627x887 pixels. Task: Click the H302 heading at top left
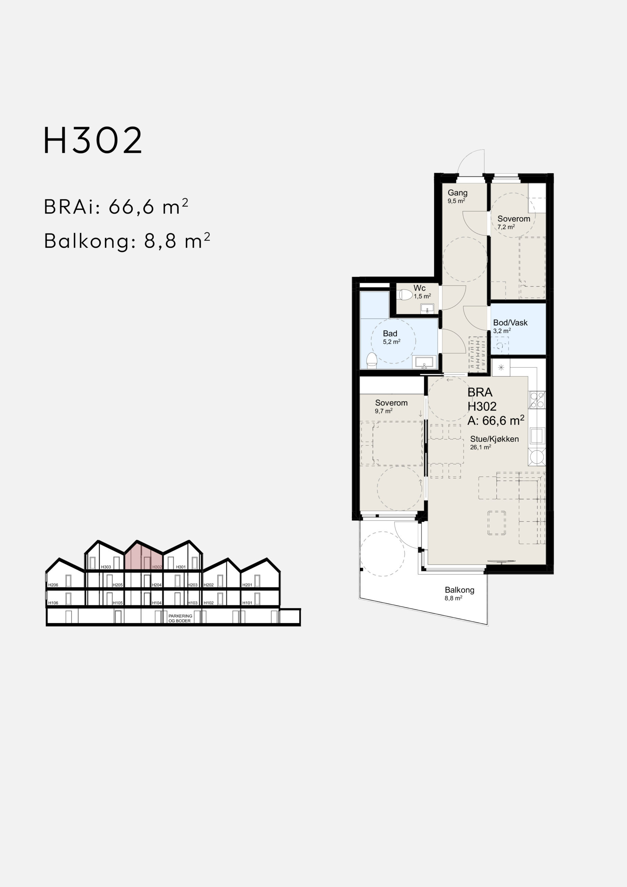pyautogui.click(x=93, y=140)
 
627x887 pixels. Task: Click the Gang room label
pyautogui.click(x=457, y=193)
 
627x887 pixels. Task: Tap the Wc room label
pyautogui.click(x=420, y=288)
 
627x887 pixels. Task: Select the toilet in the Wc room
pyautogui.click(x=406, y=295)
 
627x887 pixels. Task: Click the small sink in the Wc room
pyautogui.click(x=427, y=308)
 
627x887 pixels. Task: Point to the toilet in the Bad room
pyautogui.click(x=372, y=360)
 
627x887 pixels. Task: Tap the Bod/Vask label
pyautogui.click(x=510, y=323)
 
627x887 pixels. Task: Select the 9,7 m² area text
pyautogui.click(x=383, y=411)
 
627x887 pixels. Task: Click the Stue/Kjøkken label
pyautogui.click(x=494, y=439)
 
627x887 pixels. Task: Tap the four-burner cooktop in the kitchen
pyautogui.click(x=537, y=400)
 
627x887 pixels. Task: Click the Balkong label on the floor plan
pyautogui.click(x=459, y=590)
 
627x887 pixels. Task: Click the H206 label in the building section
pyautogui.click(x=53, y=585)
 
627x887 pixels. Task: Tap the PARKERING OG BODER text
pyautogui.click(x=180, y=618)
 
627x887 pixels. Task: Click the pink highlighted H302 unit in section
pyautogui.click(x=144, y=557)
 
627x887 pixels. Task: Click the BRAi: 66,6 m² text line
pyautogui.click(x=116, y=207)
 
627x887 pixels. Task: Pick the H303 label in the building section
pyautogui.click(x=106, y=567)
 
